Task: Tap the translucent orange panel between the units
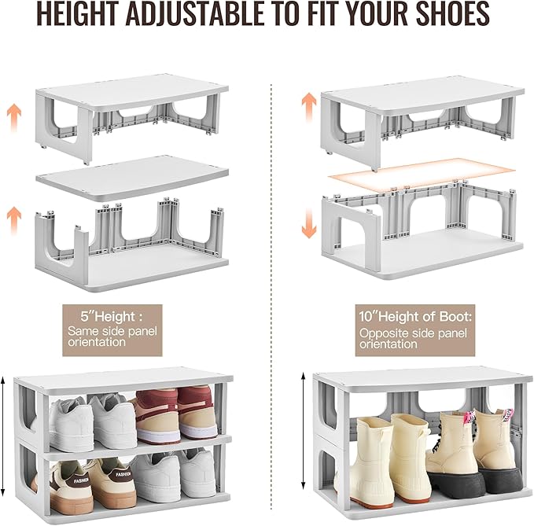(421, 174)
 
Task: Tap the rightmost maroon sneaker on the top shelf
(196, 413)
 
